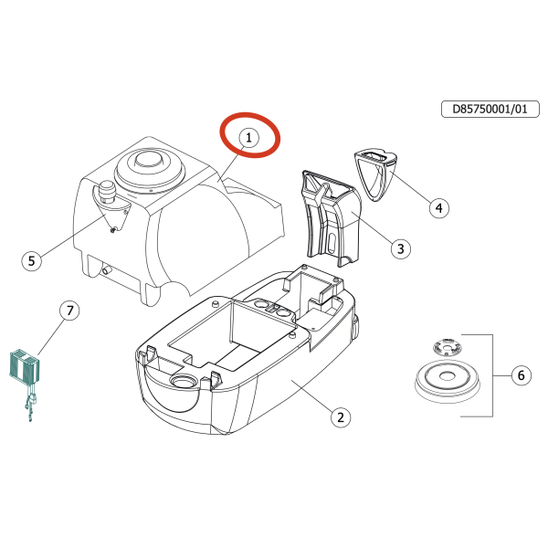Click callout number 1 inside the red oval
coord(248,137)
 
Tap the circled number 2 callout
coord(339,417)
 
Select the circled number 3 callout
coord(399,248)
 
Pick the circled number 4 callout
coord(438,208)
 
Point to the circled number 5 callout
coord(32,260)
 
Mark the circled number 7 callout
coord(70,311)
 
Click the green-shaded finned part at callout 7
coord(24,367)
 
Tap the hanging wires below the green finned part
coord(32,406)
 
